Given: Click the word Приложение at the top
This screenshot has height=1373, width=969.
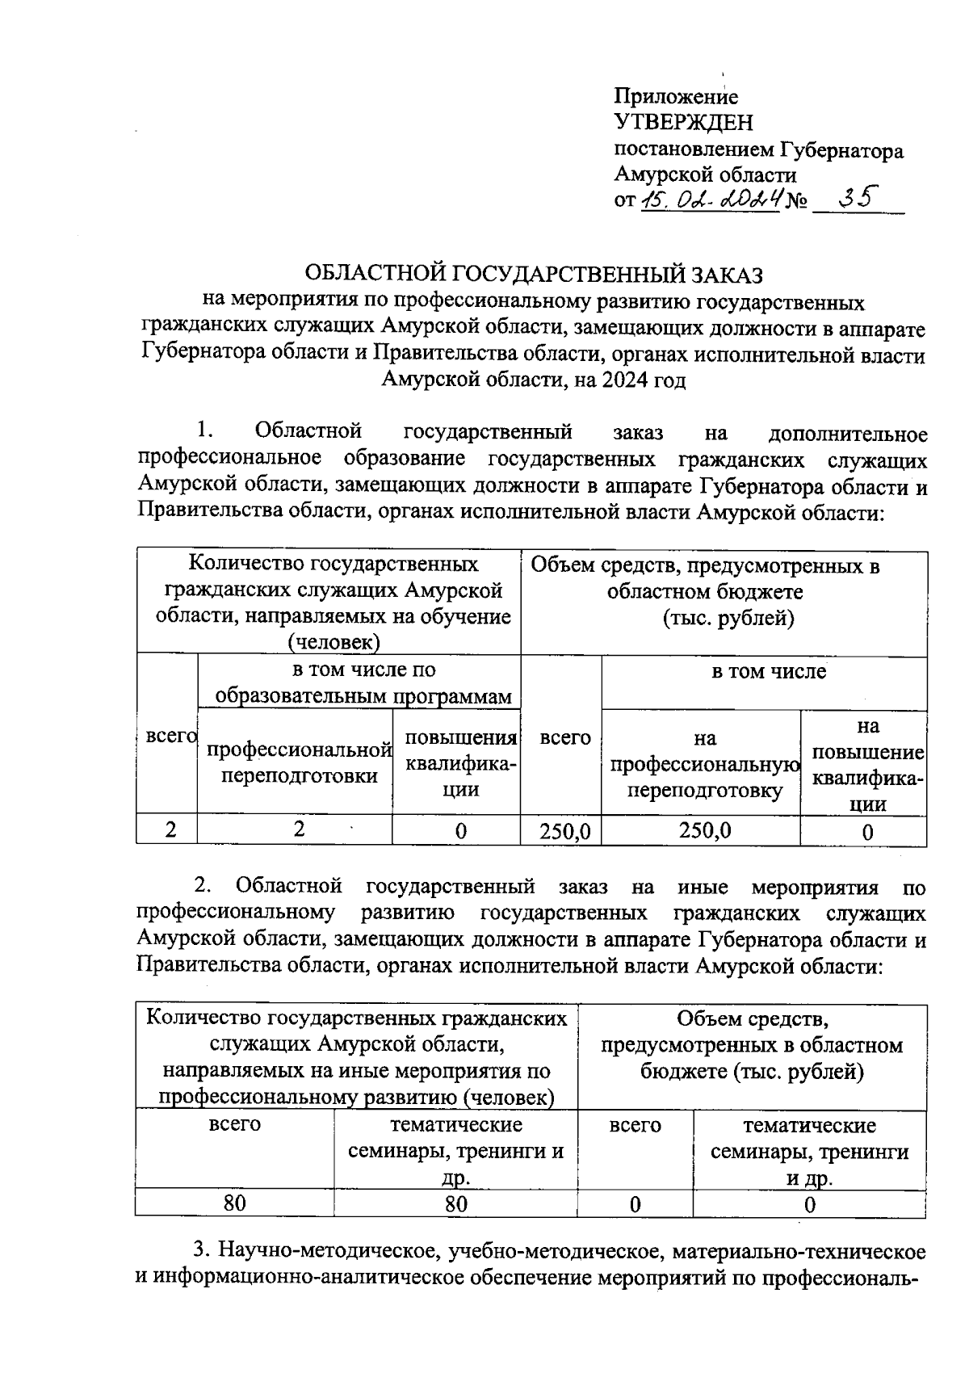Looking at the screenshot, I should [x=676, y=97].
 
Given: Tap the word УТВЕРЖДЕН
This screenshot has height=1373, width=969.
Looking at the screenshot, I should [x=683, y=124].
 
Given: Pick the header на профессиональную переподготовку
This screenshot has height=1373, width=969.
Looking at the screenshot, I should [x=702, y=763].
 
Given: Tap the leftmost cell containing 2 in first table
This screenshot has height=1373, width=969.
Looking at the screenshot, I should [x=170, y=829].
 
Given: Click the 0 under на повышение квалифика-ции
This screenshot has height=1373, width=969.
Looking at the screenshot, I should [x=866, y=831].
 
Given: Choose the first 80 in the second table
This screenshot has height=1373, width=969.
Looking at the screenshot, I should [x=235, y=1203].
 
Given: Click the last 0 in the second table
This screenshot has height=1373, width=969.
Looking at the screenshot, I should [x=810, y=1204].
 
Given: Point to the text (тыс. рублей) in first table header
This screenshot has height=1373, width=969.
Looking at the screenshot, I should [x=728, y=619].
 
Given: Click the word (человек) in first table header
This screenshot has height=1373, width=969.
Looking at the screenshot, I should [x=334, y=642].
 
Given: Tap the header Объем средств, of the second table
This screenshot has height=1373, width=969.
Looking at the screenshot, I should [x=751, y=1019].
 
